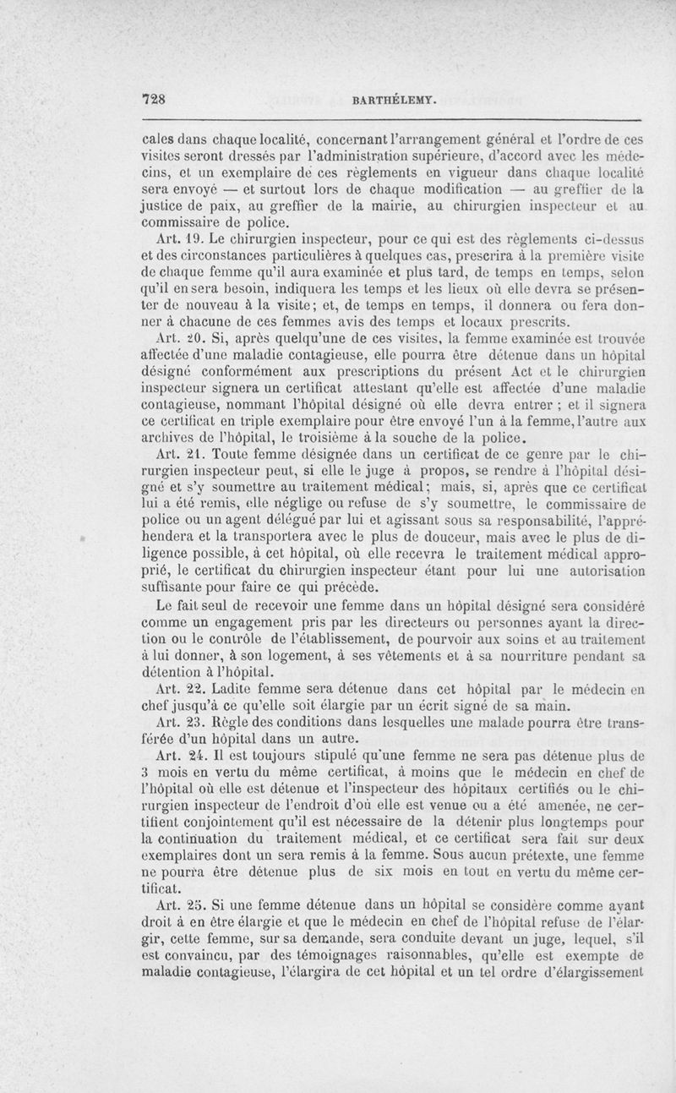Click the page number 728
(x=153, y=99)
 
